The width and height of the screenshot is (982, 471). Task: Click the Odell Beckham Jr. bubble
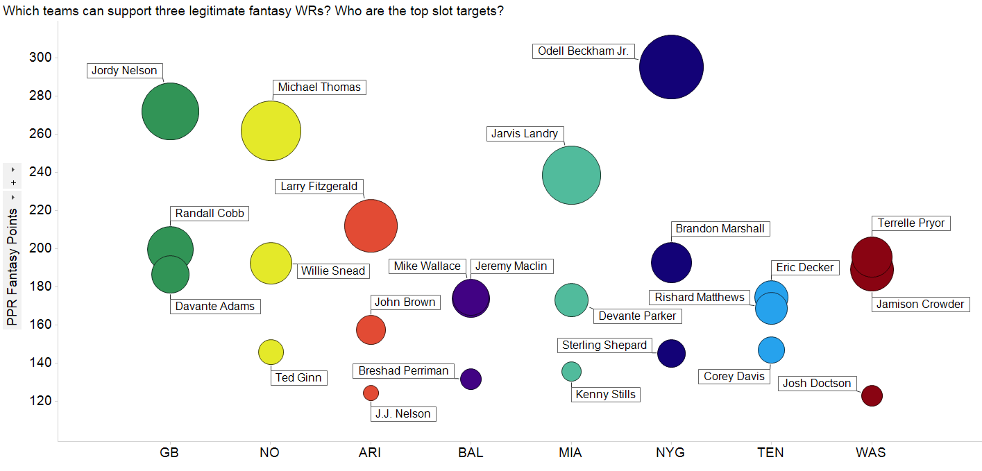[671, 67]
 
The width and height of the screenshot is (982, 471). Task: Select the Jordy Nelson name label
[124, 71]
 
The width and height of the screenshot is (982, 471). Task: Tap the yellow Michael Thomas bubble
[271, 130]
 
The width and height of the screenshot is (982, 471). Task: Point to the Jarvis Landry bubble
[571, 175]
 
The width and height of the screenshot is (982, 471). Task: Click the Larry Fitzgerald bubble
[371, 225]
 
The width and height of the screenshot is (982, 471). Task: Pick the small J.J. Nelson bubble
[371, 393]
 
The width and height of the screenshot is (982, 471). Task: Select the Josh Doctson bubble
[872, 395]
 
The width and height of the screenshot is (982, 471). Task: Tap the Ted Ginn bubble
[271, 352]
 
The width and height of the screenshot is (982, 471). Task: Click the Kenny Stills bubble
[571, 371]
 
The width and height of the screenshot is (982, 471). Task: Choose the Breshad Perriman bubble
[471, 379]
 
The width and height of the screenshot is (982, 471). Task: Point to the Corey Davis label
[734, 377]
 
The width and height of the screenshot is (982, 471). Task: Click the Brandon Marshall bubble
[671, 262]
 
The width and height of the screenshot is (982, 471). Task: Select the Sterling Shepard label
[604, 345]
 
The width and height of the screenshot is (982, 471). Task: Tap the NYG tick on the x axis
[670, 453]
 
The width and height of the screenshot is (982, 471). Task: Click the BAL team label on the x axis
[471, 453]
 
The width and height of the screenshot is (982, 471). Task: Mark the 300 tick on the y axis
[39, 57]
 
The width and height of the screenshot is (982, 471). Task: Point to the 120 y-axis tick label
[39, 401]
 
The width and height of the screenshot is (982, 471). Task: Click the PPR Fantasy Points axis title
[12, 268]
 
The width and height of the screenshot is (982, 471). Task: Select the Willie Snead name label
[332, 271]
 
